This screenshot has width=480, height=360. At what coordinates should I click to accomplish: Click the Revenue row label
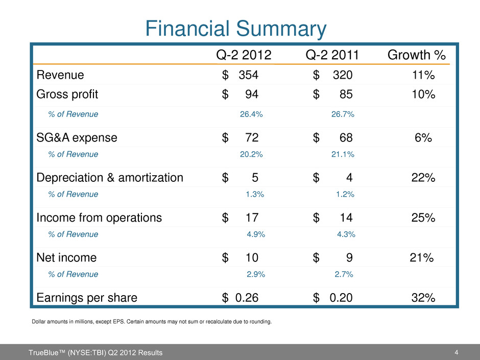point(60,75)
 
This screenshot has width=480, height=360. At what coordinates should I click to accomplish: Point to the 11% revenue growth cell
point(423,75)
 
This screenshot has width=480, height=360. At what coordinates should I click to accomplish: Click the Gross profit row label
point(67,94)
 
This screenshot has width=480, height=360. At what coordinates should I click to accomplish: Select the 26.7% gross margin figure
point(343,114)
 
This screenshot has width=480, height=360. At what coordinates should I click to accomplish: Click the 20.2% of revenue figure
point(251,154)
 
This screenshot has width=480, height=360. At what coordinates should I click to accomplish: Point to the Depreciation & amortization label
point(110,178)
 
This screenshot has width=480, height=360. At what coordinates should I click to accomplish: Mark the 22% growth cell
point(423,178)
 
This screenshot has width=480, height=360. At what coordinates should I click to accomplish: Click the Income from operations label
point(99,218)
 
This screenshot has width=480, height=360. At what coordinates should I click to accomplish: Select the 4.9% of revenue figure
point(255,234)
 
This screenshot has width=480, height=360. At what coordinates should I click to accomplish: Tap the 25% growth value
point(423,218)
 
